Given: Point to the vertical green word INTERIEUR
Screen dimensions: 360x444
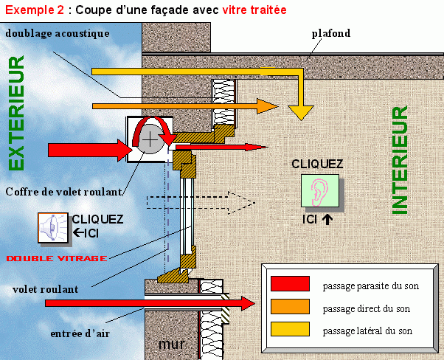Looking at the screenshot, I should click(399, 159).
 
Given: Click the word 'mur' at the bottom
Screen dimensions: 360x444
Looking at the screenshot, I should click(171, 344).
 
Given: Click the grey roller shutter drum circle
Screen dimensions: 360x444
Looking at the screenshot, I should click(150, 139).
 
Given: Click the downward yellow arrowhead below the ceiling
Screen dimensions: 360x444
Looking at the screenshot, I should click(300, 111).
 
